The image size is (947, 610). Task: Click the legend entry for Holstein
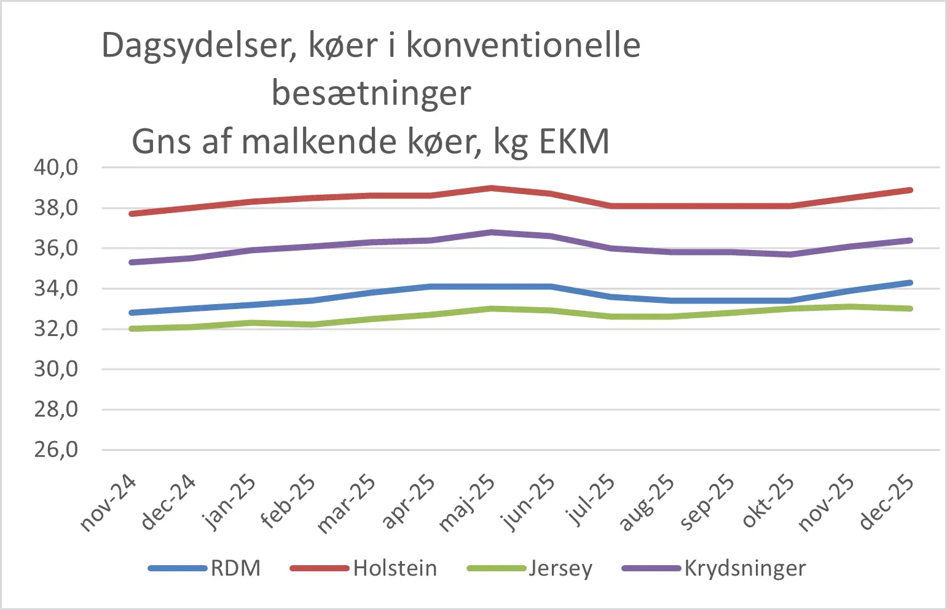pos(395,568)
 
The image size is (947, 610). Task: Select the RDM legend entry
pos(235,568)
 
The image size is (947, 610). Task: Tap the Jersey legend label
pos(560,568)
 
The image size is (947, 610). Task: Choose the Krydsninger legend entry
pos(744,568)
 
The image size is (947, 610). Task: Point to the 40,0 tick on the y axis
pos(56,167)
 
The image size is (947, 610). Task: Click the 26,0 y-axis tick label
pos(56,450)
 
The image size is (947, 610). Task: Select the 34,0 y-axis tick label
pos(56,288)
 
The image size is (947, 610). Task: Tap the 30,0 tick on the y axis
pos(56,369)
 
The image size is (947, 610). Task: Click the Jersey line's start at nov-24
pos(132,329)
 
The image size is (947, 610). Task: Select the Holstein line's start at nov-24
pos(132,214)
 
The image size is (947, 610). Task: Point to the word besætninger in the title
pos(371,93)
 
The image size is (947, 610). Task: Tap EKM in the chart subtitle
pos(574,141)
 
